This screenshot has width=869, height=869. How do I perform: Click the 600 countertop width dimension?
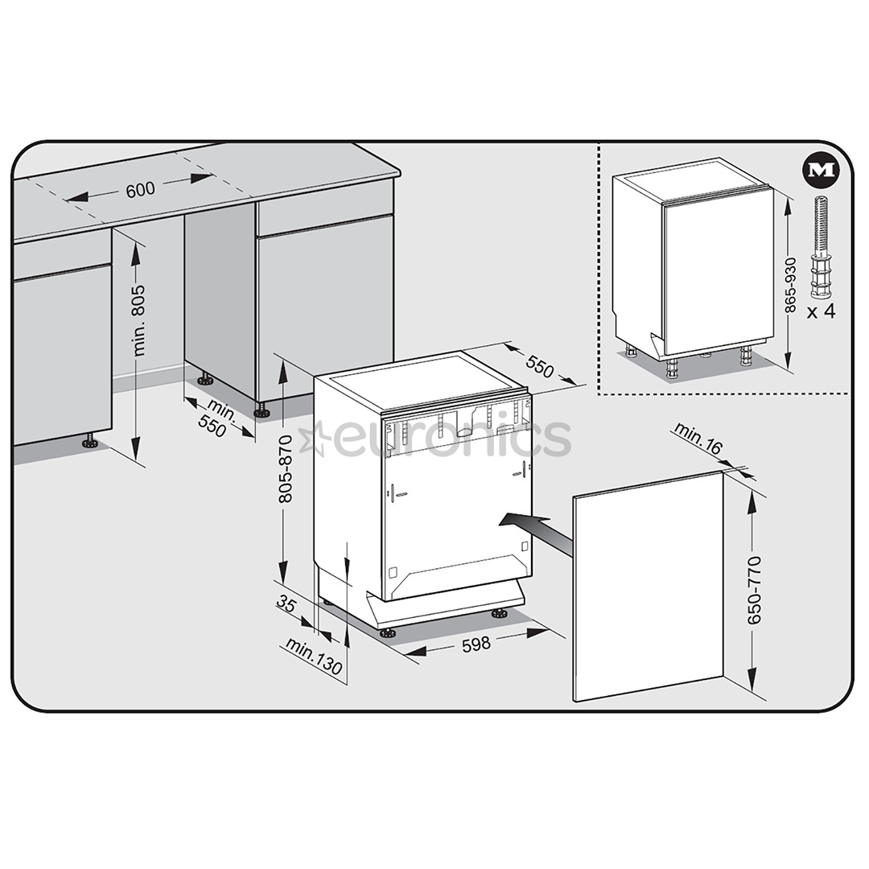coord(140,191)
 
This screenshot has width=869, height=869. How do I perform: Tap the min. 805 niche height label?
coord(139,320)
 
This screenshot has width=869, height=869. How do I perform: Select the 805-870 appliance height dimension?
coord(286,469)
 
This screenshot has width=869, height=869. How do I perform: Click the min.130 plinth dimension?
coord(314,656)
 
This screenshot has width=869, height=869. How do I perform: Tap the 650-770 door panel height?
coord(754,590)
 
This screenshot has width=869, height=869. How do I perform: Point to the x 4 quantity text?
coord(821,311)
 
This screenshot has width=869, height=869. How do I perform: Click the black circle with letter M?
coord(822,171)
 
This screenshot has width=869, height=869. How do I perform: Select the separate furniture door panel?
coord(649,587)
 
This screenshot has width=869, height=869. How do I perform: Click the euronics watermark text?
coord(451,439)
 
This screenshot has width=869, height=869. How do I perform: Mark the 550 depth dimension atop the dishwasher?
coord(539,366)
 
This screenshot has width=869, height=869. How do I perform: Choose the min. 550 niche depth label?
coord(216,418)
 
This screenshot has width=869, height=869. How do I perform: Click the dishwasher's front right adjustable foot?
coord(499,614)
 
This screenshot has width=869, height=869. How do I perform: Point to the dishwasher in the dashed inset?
coord(692,266)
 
